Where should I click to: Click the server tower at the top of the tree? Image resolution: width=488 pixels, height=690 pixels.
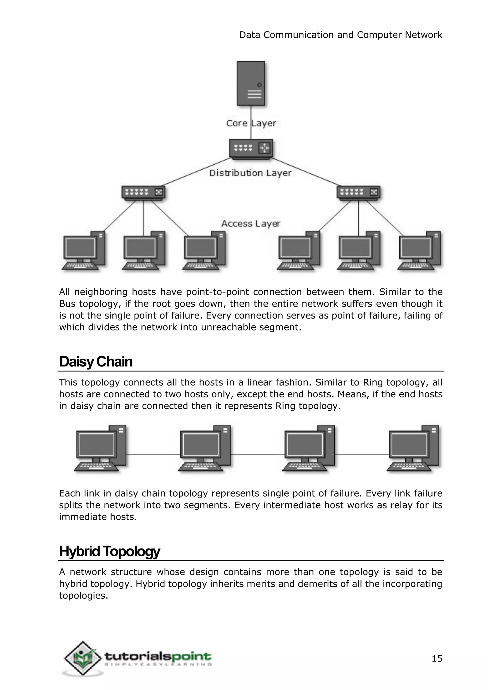[x=251, y=84]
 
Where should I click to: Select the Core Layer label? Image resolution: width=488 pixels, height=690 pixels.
[x=251, y=123]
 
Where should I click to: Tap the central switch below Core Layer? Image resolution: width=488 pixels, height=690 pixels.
[x=251, y=148]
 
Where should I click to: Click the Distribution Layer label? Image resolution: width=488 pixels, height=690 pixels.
[x=250, y=173]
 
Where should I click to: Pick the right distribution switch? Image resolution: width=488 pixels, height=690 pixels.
[x=358, y=192]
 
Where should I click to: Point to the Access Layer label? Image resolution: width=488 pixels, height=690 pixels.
[x=251, y=223]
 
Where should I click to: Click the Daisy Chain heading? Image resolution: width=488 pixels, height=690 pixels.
[x=96, y=361]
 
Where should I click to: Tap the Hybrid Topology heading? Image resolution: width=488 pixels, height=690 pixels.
[x=110, y=551]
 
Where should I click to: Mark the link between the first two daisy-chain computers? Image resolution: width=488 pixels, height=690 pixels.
[x=153, y=455]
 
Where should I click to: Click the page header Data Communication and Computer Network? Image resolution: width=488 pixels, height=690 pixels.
[x=341, y=35]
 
